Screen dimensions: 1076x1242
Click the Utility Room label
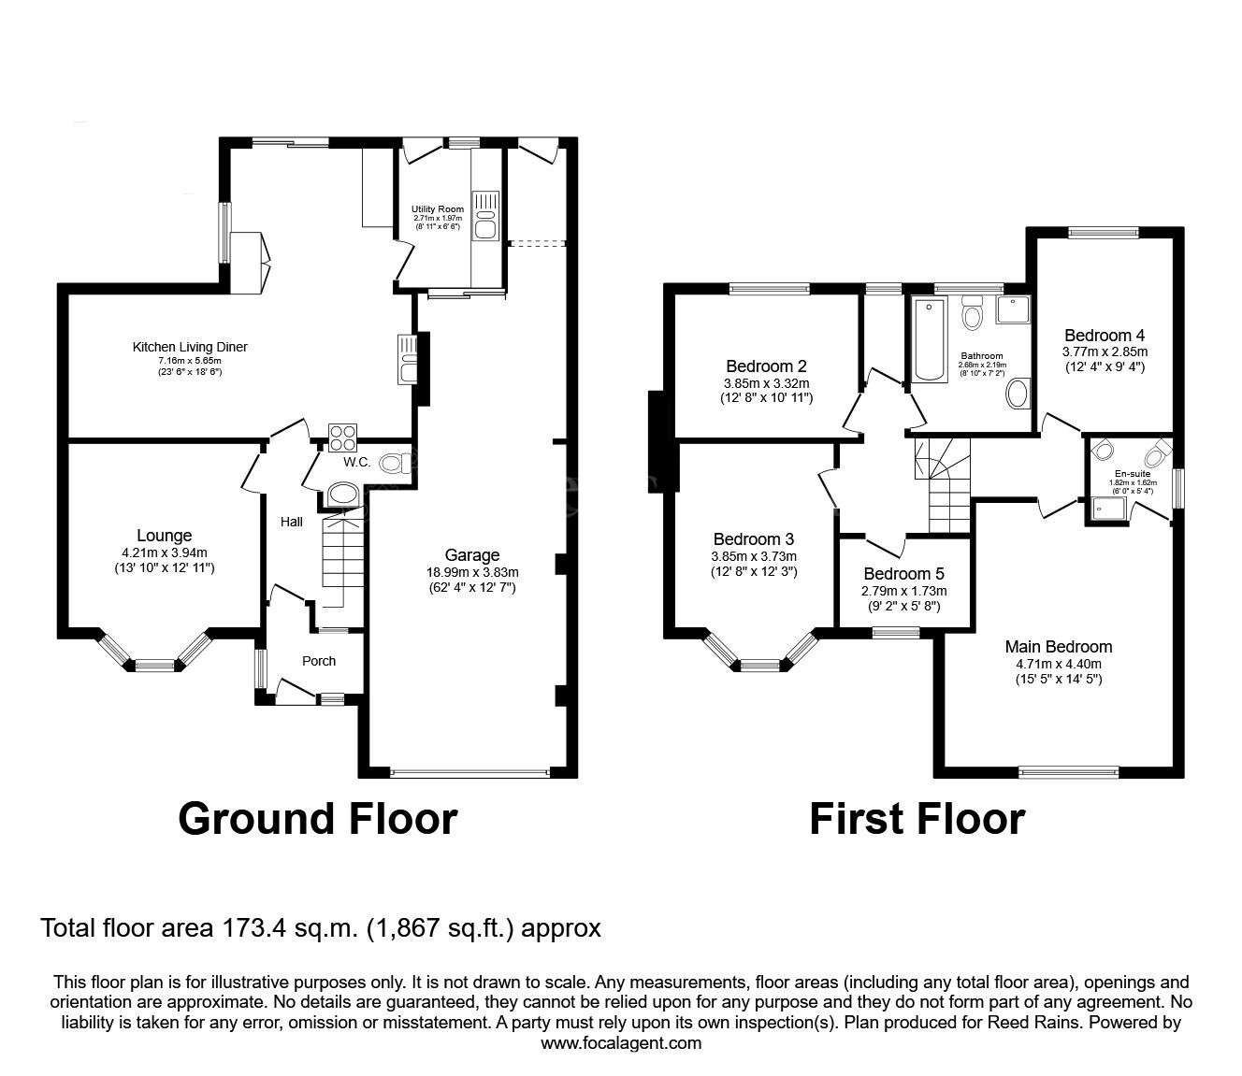pos(438,209)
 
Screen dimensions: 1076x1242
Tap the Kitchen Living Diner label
pos(190,347)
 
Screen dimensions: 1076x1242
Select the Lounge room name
pos(165,536)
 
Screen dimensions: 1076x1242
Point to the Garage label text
pos(472,555)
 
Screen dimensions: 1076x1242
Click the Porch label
pos(319,661)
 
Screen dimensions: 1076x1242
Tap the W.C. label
pos(357,463)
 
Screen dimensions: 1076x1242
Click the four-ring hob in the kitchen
pos(342,437)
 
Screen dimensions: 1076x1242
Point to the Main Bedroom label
pos(1059,647)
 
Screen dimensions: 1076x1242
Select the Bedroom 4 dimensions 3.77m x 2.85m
pos(1105,351)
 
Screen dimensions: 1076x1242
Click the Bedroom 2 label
pos(766,366)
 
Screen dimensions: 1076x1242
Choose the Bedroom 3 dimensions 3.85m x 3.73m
pos(753,555)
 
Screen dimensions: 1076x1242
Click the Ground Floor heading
pos(317,818)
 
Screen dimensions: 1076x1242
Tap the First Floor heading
pos(917,819)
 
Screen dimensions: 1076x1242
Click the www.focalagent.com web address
pos(621,1042)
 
